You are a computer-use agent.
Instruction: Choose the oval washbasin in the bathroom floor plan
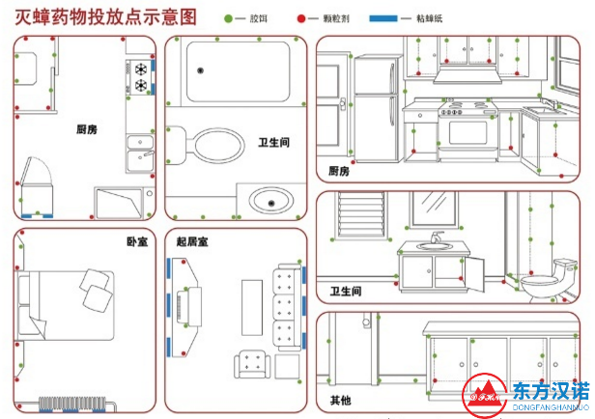pyautogui.click(x=272, y=202)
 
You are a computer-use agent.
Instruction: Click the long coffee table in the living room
pyautogui.click(x=252, y=306)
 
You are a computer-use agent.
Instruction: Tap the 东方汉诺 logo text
pyautogui.click(x=549, y=390)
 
